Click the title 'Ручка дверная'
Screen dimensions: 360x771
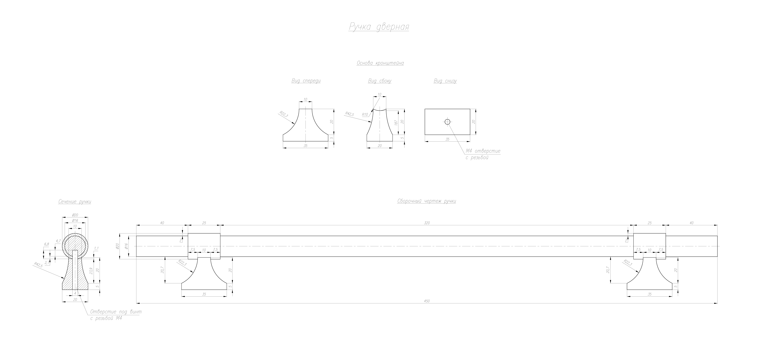(x=379, y=27)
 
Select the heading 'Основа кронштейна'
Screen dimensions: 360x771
(x=380, y=63)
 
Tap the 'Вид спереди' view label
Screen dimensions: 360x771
(x=306, y=81)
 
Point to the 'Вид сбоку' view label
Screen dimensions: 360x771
(x=380, y=81)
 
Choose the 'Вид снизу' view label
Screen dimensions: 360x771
(x=445, y=81)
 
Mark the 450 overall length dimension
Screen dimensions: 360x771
(x=427, y=301)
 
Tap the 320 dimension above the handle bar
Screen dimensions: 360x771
(x=427, y=223)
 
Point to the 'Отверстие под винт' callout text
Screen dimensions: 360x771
(x=116, y=312)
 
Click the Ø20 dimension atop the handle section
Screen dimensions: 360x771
(x=75, y=215)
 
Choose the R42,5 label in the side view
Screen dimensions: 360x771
(x=349, y=114)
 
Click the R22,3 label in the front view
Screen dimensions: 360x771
(x=284, y=114)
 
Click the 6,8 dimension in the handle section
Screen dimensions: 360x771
(x=46, y=244)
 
